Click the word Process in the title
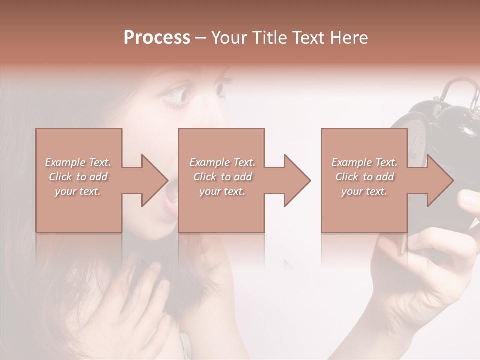click(x=157, y=38)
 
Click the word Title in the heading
click(x=270, y=38)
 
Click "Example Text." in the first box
click(x=78, y=162)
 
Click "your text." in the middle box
click(x=222, y=191)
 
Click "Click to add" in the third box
click(x=365, y=177)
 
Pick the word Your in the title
click(x=229, y=38)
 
